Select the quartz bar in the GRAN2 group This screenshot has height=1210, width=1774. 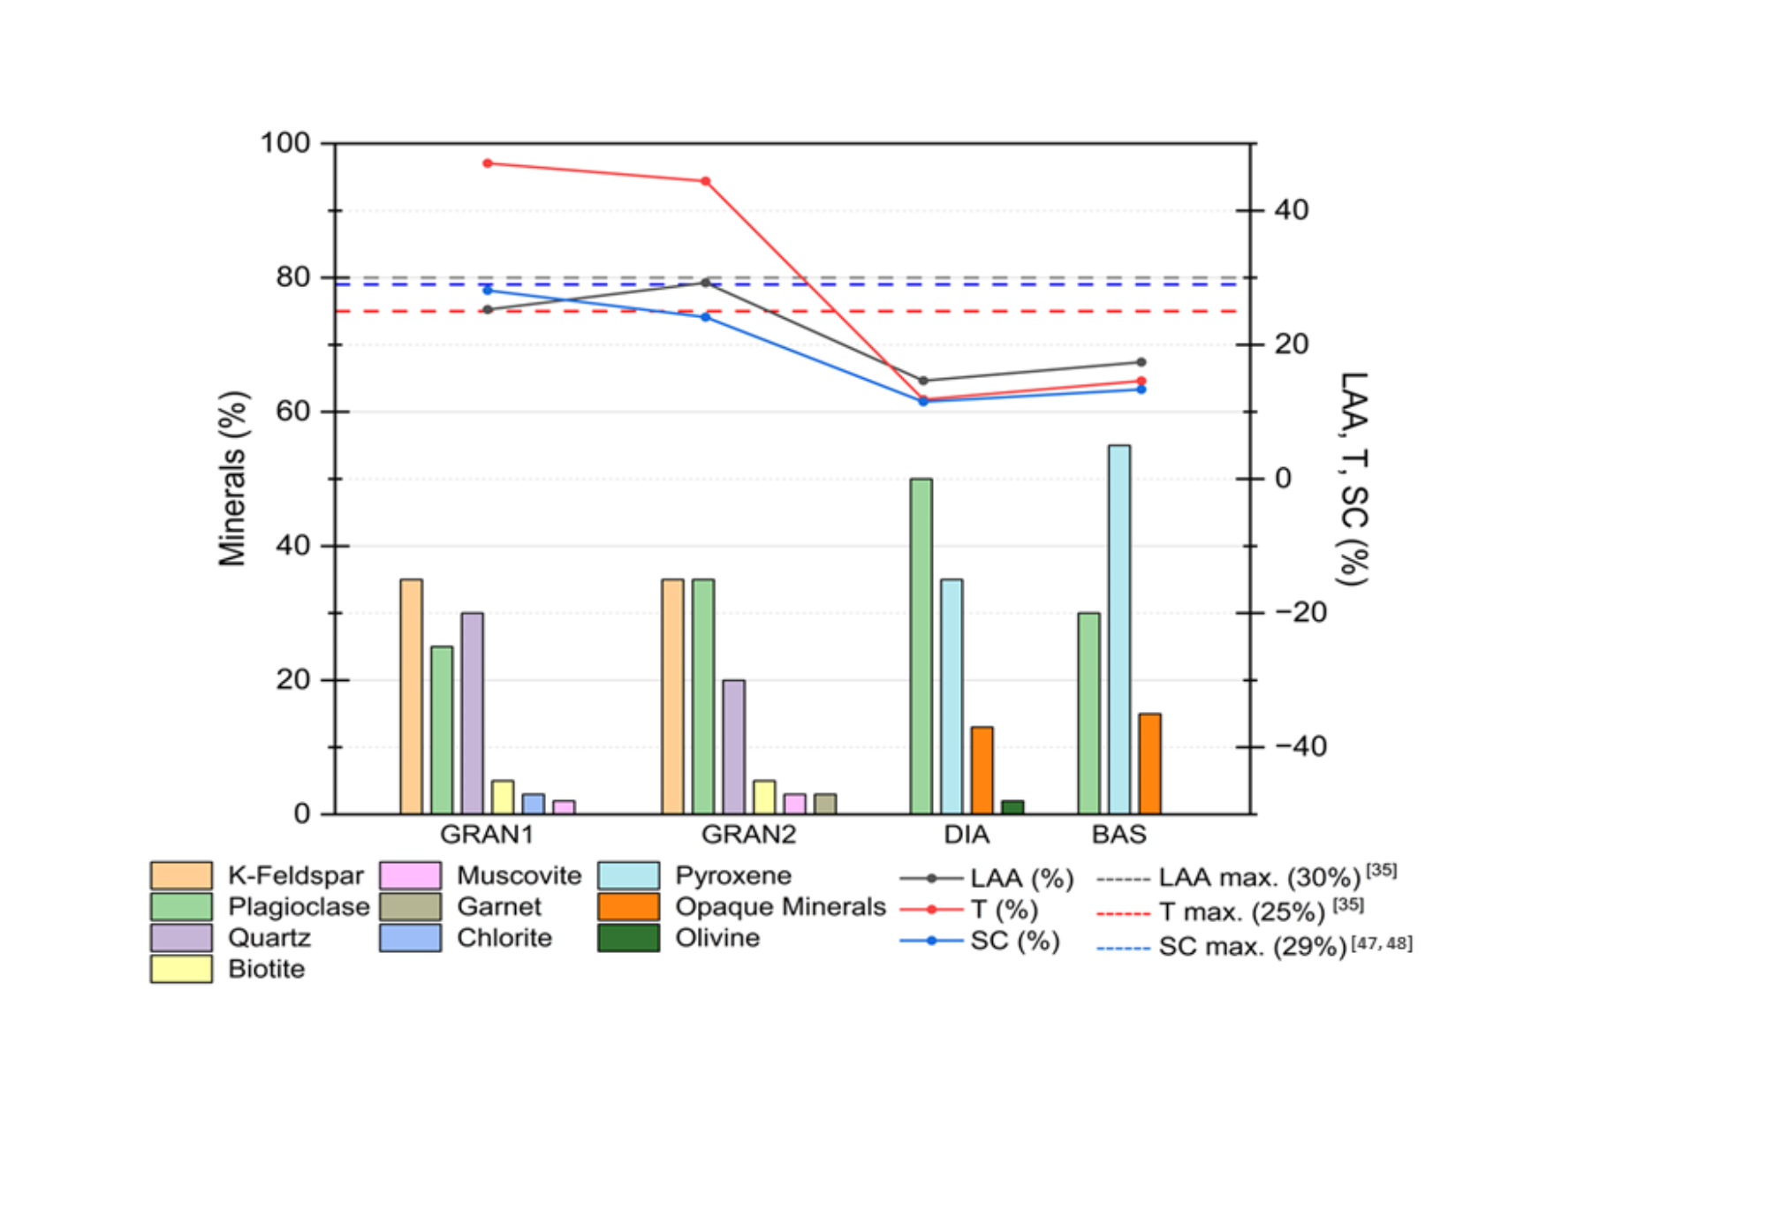coord(733,746)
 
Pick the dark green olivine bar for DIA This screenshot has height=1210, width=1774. coord(1012,807)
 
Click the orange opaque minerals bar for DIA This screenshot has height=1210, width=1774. coord(982,770)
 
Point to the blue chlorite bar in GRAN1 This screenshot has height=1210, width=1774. coord(533,804)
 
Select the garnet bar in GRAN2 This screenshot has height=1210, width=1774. coord(824,804)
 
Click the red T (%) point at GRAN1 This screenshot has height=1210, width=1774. coord(488,163)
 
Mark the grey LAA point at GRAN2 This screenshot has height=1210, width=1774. coord(705,283)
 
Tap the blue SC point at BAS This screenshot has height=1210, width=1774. coord(1141,389)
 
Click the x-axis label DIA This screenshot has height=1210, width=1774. coord(967,835)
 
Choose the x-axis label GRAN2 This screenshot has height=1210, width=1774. coord(748,835)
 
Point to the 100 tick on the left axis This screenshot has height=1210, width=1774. coord(284,143)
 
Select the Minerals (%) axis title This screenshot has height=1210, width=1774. coord(232,478)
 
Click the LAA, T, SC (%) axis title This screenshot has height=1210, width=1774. coord(1353,478)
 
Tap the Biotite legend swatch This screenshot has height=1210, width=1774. coord(181,969)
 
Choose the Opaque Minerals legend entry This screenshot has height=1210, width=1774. coord(779,907)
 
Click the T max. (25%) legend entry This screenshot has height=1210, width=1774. coord(1241,911)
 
